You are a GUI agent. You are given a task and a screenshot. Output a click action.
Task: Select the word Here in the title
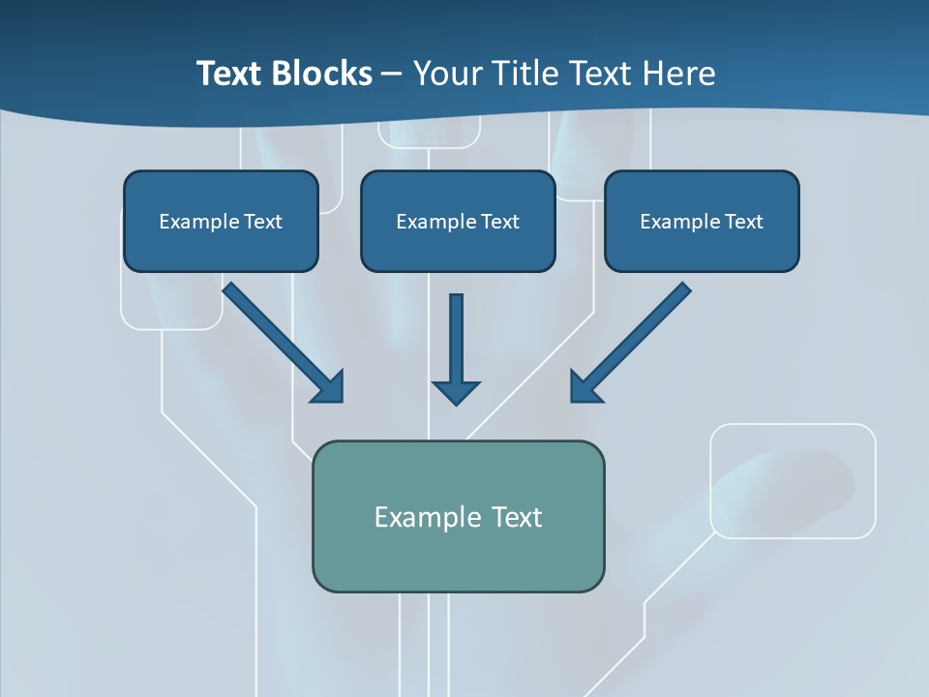click(678, 74)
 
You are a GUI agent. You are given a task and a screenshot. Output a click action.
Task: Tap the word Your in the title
click(444, 74)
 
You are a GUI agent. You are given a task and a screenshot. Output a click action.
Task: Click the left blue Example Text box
click(221, 221)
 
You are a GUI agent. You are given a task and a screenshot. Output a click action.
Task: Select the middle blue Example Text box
click(458, 221)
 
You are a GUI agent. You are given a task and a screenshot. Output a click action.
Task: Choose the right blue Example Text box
click(702, 221)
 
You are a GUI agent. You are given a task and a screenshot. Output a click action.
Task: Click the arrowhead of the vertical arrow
click(456, 392)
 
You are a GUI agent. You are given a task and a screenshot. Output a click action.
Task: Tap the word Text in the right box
click(744, 222)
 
